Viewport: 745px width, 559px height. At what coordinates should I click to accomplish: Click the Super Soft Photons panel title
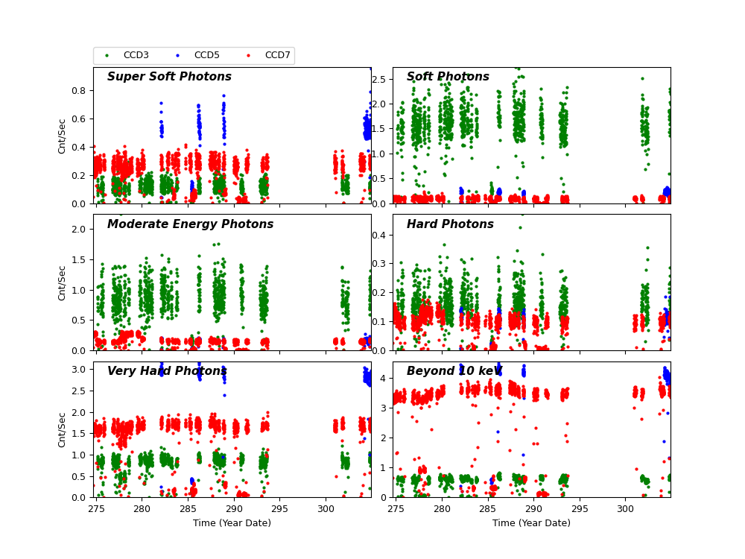tap(169, 77)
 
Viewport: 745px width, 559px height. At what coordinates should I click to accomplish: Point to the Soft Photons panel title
tap(448, 77)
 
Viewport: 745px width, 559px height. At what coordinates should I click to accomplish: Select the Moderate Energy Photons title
tap(190, 224)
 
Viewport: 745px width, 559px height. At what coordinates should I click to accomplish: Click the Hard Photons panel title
tap(450, 224)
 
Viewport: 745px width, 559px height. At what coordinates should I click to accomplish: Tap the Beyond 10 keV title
tap(454, 371)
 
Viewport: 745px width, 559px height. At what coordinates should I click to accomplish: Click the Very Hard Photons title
tap(167, 371)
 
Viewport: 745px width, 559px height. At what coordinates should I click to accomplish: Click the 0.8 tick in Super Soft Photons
tap(80, 90)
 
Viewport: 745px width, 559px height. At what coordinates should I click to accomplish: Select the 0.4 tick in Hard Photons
tap(380, 235)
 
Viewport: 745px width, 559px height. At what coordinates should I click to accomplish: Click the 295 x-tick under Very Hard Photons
tap(279, 508)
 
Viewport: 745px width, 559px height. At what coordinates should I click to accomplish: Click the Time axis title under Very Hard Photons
tap(232, 523)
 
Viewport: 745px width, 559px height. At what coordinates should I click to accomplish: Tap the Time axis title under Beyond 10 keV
tap(531, 523)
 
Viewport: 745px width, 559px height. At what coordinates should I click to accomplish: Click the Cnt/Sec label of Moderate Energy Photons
tap(63, 282)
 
